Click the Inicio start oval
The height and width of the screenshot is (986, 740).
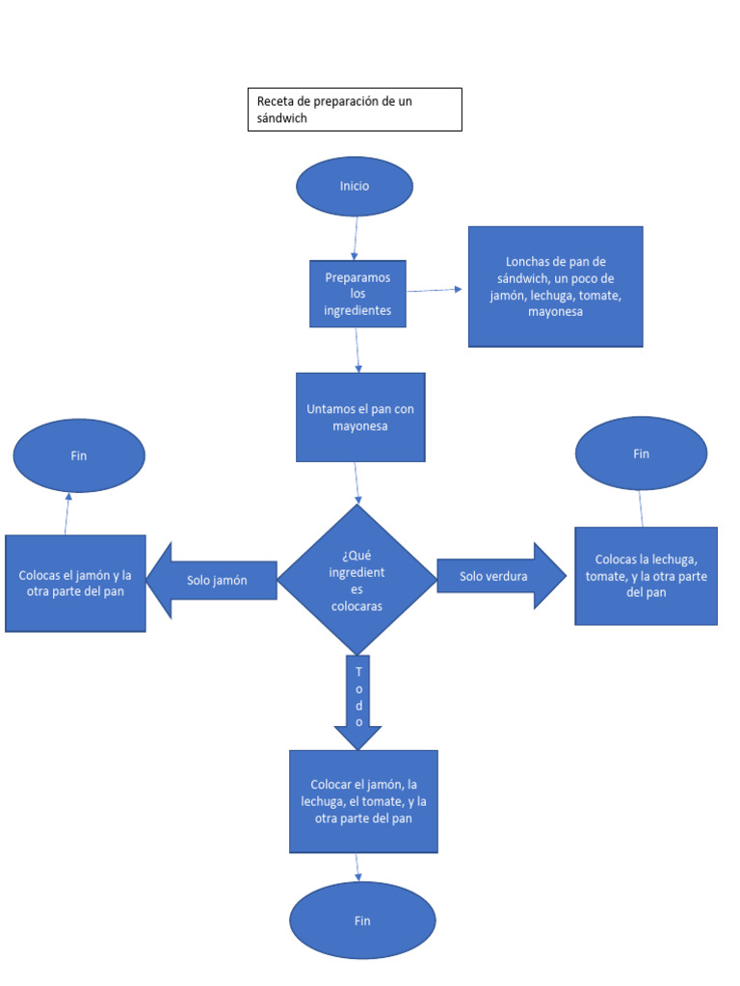(x=355, y=186)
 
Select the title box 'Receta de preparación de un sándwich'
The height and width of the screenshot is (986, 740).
(x=355, y=110)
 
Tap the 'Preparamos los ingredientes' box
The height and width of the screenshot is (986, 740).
(x=357, y=294)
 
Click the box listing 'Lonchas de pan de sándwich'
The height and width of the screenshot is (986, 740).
(x=556, y=287)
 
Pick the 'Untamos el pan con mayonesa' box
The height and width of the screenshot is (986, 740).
(x=360, y=418)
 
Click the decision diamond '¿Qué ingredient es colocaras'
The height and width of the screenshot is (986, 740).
(x=357, y=580)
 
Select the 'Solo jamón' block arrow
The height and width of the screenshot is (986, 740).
(x=211, y=581)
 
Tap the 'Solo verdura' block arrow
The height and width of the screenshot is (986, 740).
(x=501, y=576)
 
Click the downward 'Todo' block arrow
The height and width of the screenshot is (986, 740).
(x=358, y=702)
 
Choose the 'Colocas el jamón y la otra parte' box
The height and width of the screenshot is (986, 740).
(x=75, y=584)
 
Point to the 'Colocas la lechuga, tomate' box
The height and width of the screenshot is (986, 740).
(x=647, y=576)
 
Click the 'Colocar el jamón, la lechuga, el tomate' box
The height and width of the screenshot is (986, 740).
(x=363, y=802)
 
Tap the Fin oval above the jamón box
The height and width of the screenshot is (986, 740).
(x=79, y=455)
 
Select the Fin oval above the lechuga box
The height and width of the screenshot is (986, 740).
(x=641, y=454)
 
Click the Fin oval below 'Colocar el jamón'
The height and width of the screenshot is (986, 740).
(x=362, y=921)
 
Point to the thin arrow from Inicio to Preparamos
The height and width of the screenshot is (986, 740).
(x=356, y=239)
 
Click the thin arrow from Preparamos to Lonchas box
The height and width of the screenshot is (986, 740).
(x=435, y=290)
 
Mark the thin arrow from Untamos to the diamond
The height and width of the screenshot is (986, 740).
(x=357, y=483)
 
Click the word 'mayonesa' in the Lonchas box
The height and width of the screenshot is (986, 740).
(x=555, y=312)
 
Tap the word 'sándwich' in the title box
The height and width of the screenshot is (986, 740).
(x=282, y=118)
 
